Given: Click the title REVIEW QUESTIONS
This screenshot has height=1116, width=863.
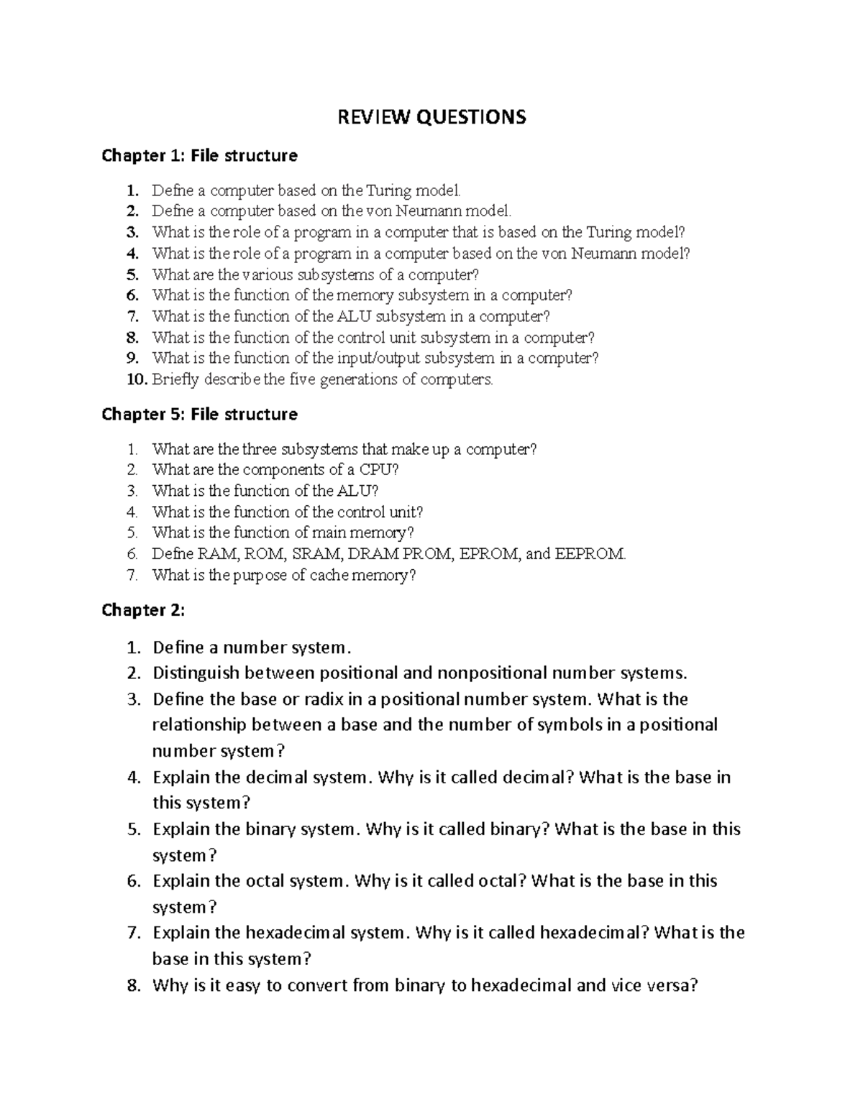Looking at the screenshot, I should pos(432,116).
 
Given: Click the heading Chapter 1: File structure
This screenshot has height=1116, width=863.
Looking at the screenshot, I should pos(199,156).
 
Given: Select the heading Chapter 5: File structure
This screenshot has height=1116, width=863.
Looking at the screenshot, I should pos(199,415).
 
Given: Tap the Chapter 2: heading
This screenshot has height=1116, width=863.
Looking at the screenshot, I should pos(143,610).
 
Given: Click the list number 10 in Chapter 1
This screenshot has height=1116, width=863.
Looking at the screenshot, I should pos(137,379).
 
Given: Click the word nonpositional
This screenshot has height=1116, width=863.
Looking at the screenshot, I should pos(492,673).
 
